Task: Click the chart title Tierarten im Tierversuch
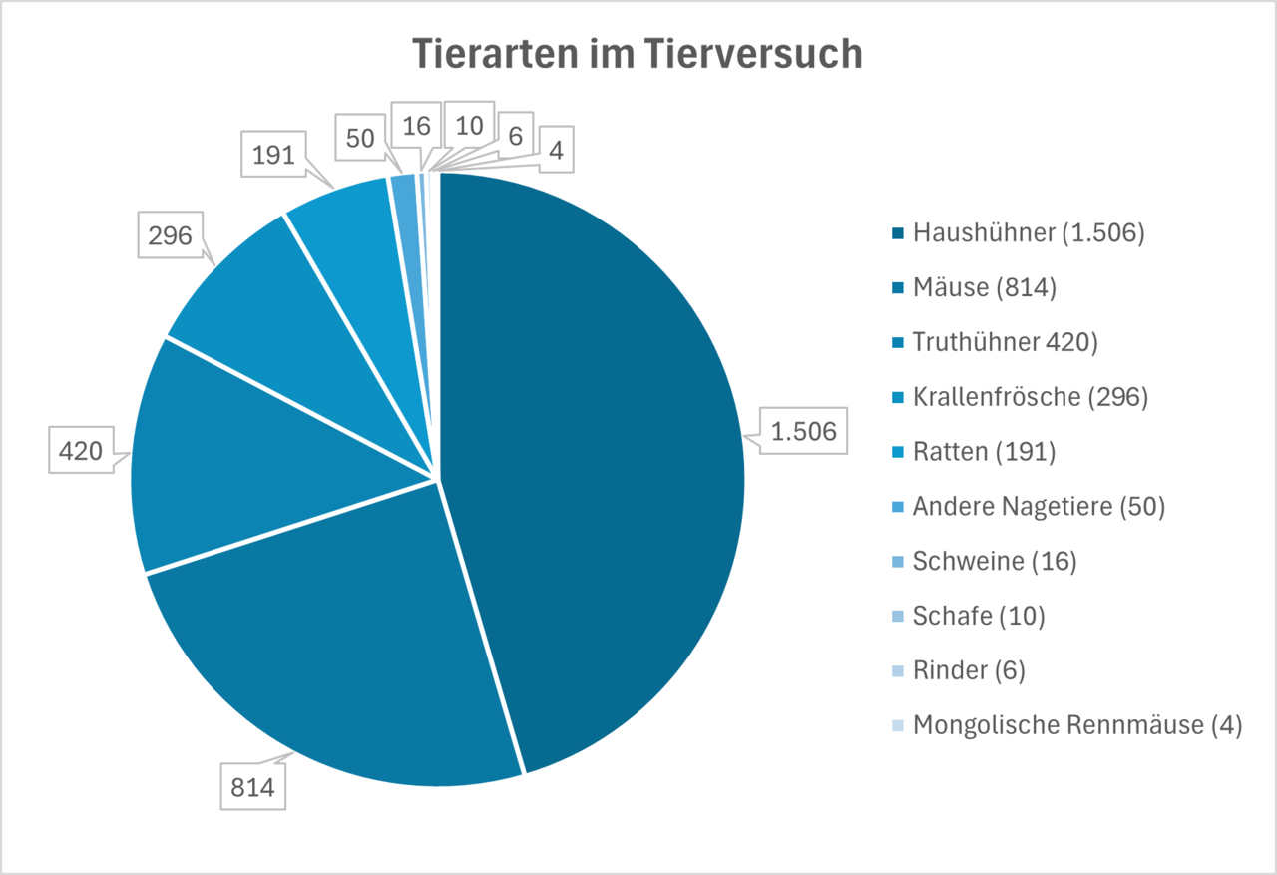click(x=638, y=54)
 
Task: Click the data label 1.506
click(x=803, y=431)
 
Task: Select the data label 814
click(x=252, y=786)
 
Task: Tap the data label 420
click(x=81, y=451)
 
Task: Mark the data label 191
click(x=273, y=156)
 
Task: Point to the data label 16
click(x=415, y=126)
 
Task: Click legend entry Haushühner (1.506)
click(x=1028, y=233)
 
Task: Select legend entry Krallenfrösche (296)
click(x=1030, y=397)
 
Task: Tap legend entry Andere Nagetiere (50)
click(x=1038, y=507)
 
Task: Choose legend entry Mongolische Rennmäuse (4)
click(x=1076, y=725)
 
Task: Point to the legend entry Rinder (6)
click(x=968, y=670)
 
